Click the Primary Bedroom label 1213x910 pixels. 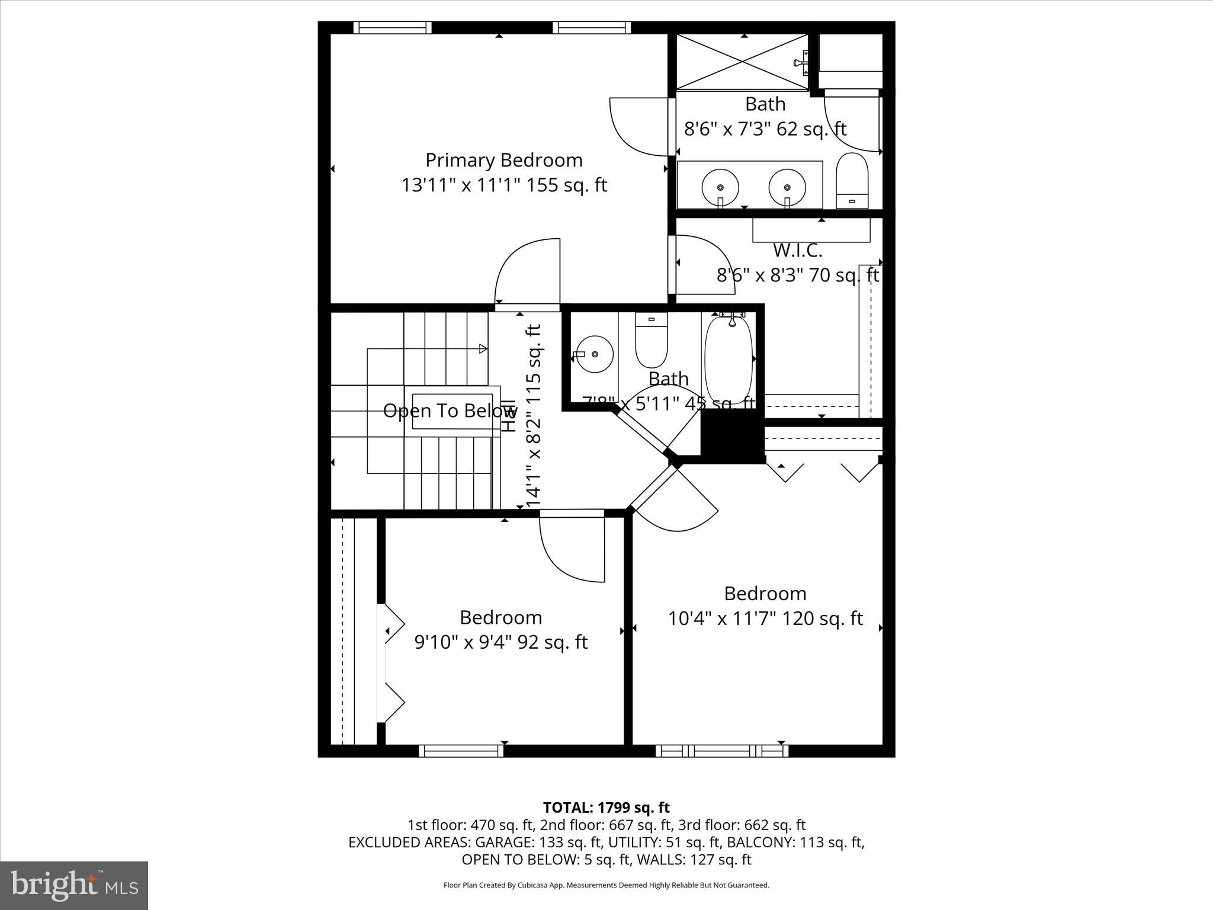pos(504,161)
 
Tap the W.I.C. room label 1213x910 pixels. pos(797,251)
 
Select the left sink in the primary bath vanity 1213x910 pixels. pos(720,186)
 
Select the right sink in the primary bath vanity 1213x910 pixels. pos(787,186)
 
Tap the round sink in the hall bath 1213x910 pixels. pos(595,354)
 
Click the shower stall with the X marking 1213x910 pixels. pos(743,63)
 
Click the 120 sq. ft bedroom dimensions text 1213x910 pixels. pos(765,619)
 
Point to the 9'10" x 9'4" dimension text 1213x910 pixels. pos(500,642)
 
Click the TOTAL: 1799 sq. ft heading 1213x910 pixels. pos(606,808)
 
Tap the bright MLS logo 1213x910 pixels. pos(74,885)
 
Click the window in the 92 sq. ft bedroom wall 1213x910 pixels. pos(461,751)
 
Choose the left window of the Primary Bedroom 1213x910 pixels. pos(393,28)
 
